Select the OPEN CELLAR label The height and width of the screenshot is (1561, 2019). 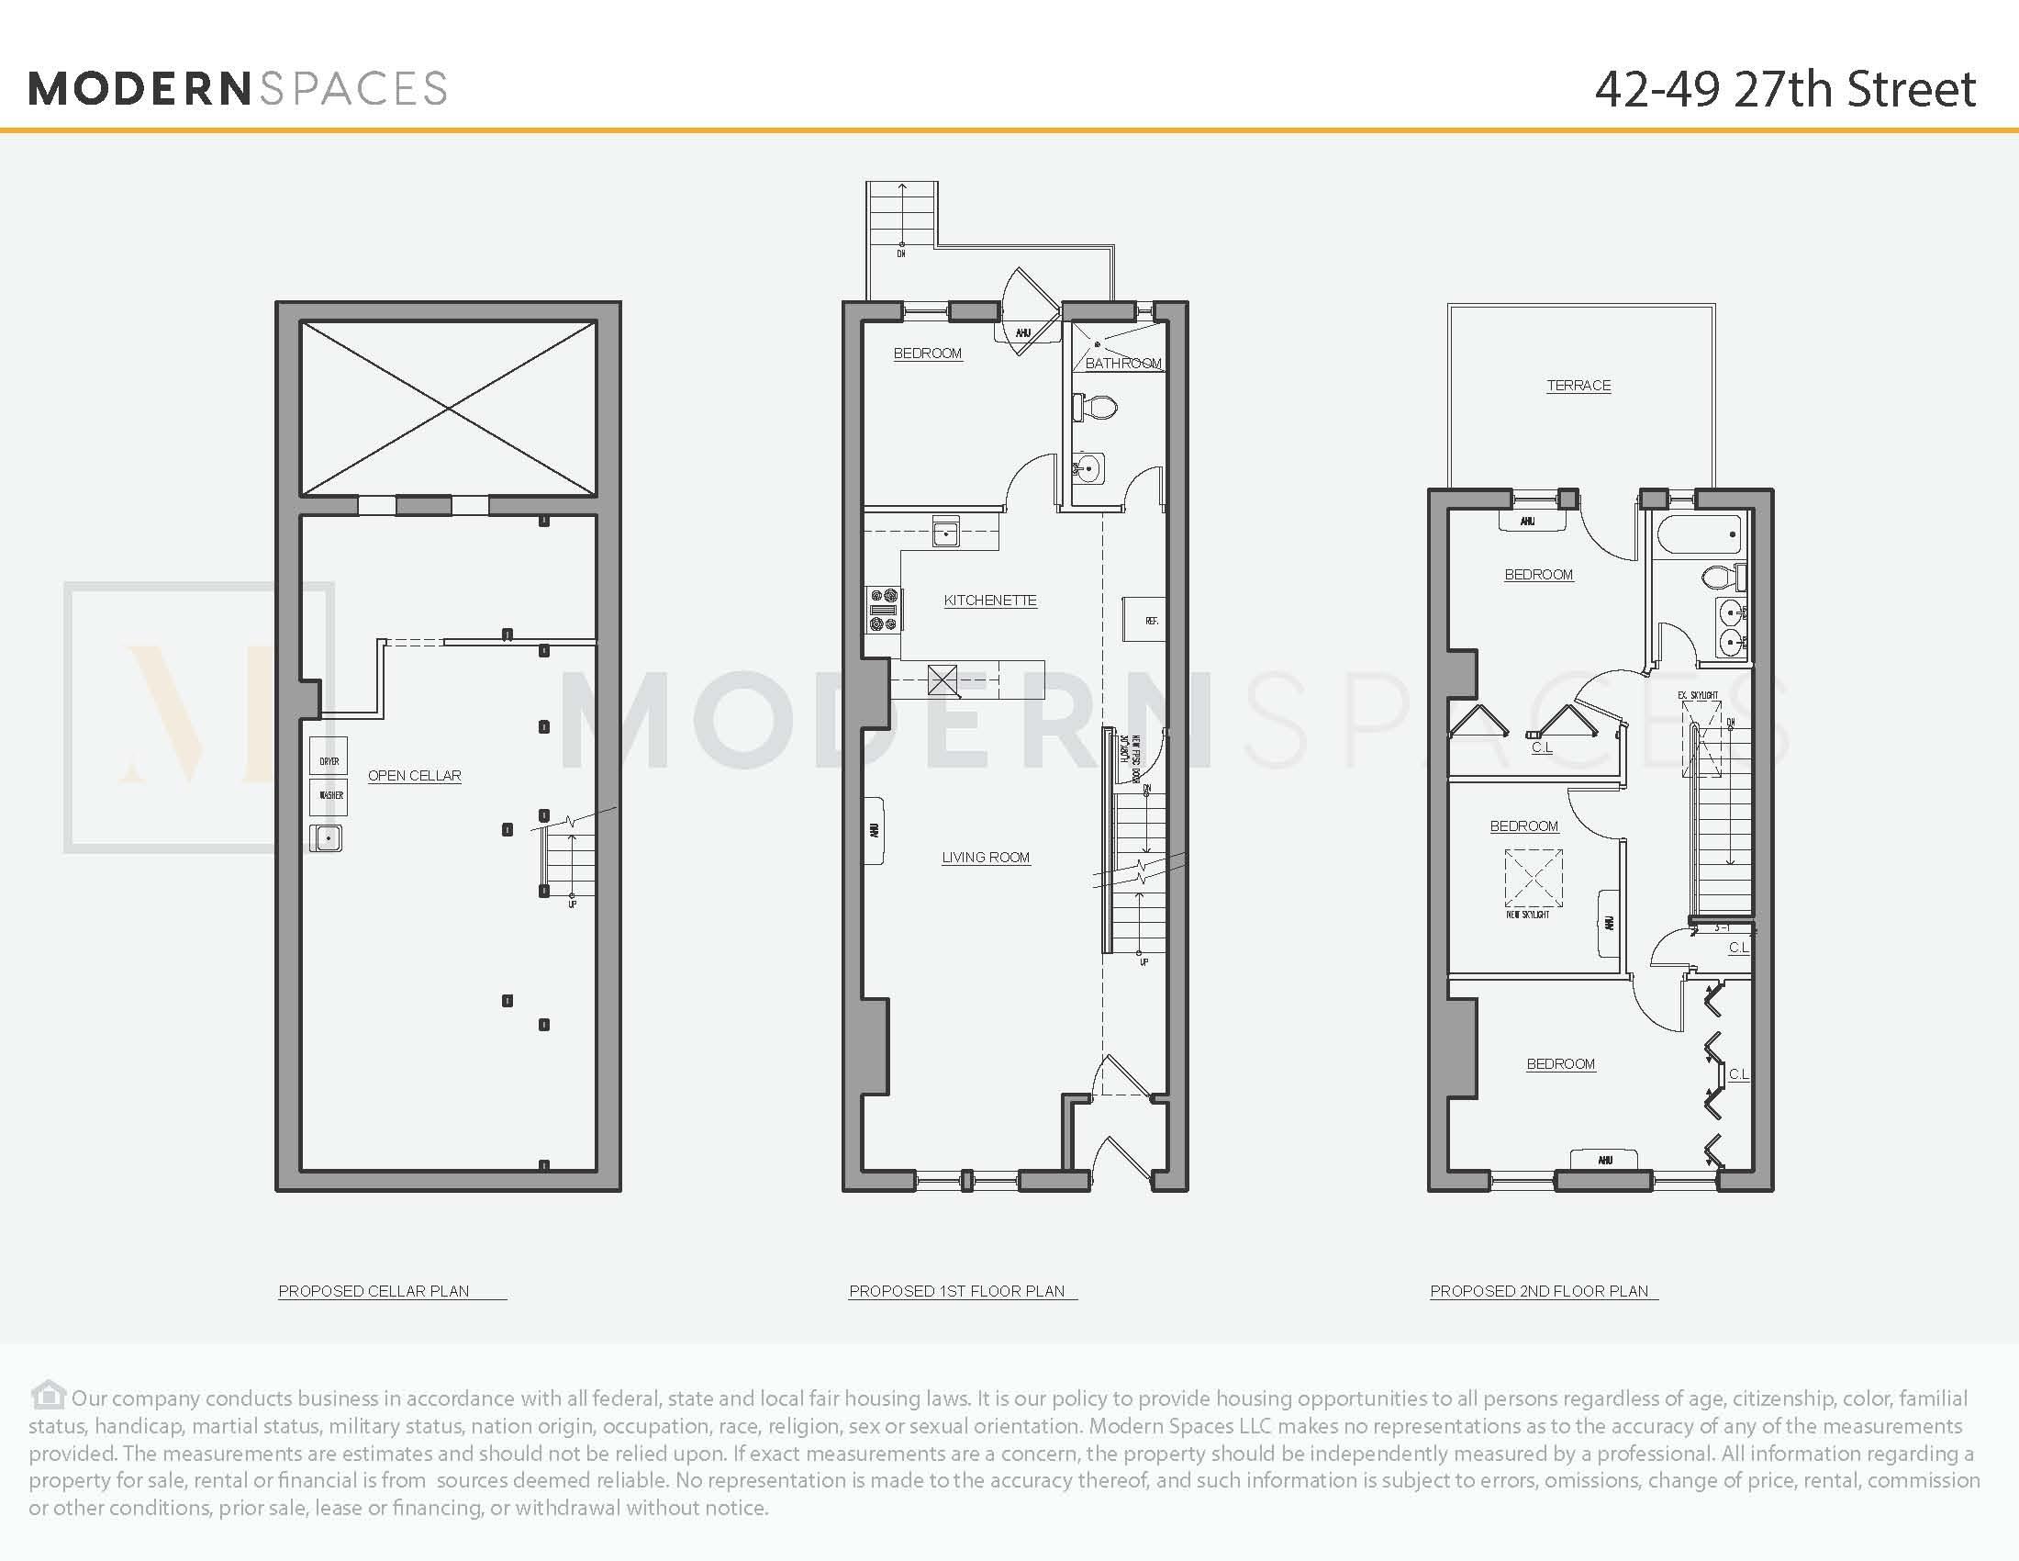(x=414, y=776)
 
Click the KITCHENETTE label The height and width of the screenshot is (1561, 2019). (x=989, y=601)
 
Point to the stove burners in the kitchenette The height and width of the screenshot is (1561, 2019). (x=883, y=611)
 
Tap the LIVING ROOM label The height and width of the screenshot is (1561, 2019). (x=986, y=858)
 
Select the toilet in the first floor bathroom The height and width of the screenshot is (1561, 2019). (x=1097, y=407)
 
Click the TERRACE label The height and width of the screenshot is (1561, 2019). (x=1578, y=386)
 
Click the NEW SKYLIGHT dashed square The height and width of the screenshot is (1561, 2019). (x=1533, y=878)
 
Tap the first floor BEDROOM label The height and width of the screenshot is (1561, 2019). (x=927, y=354)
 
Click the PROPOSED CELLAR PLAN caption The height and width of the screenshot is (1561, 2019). (x=374, y=1291)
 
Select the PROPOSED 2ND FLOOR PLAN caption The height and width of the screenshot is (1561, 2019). (x=1538, y=1291)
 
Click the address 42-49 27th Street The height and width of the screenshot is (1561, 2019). (x=1784, y=90)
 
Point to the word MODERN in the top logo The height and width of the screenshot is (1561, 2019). (x=139, y=89)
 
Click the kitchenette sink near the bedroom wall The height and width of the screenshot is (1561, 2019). (x=945, y=533)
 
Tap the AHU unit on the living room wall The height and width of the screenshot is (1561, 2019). (x=874, y=830)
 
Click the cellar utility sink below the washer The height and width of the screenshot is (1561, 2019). (x=327, y=837)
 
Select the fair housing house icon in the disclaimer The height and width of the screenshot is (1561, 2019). (x=48, y=1395)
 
